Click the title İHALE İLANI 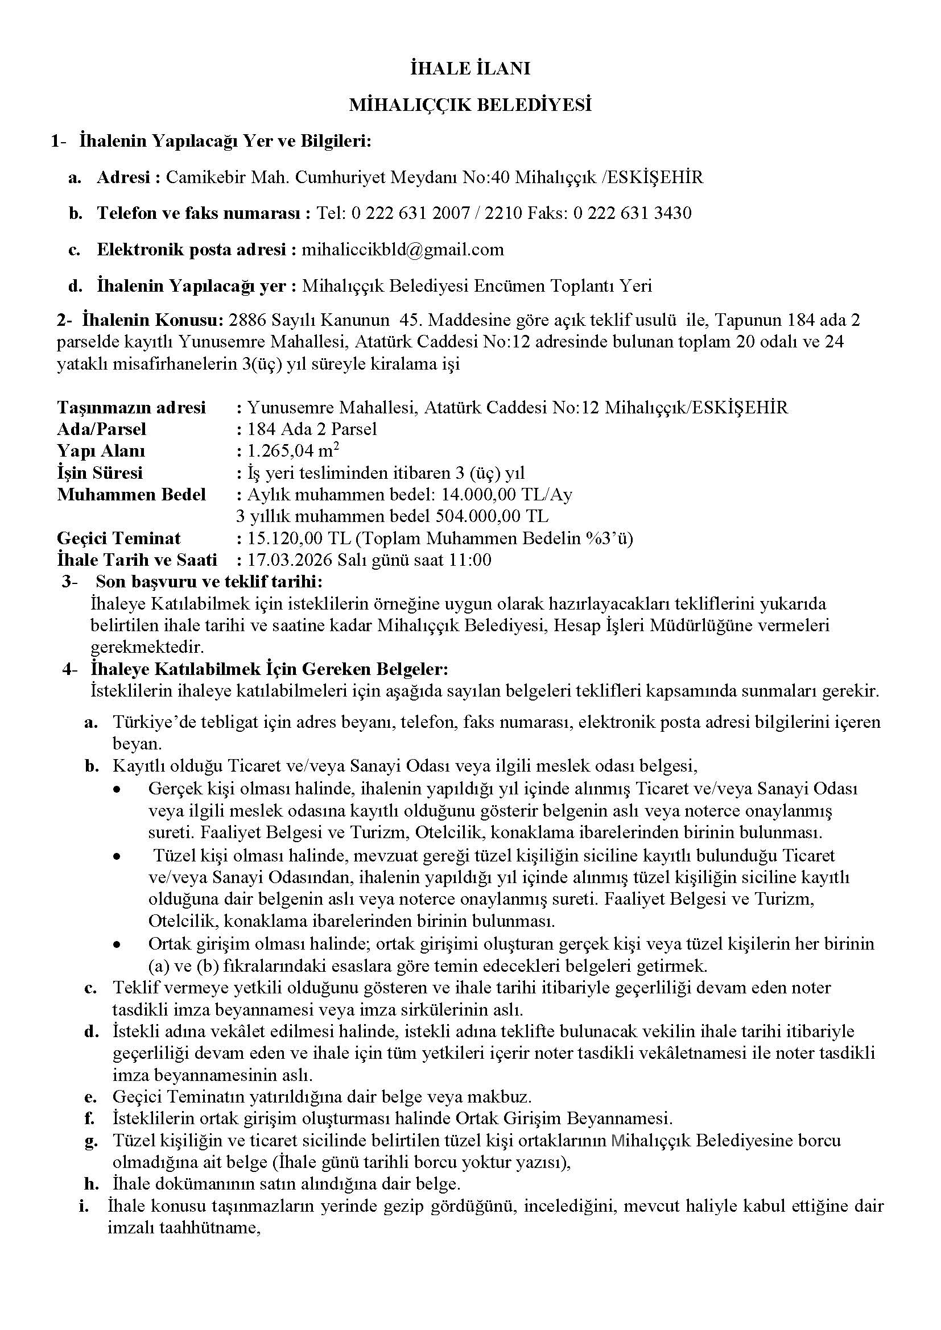pyautogui.click(x=470, y=69)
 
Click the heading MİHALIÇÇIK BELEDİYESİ pyautogui.click(x=470, y=105)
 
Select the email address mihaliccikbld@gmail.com pyautogui.click(x=403, y=250)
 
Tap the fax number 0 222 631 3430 pyautogui.click(x=632, y=213)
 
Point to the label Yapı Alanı pyautogui.click(x=101, y=451)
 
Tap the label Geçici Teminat pyautogui.click(x=119, y=538)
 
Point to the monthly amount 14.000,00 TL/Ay pyautogui.click(x=506, y=494)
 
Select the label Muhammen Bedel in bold pyautogui.click(x=131, y=494)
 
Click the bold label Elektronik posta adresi pyautogui.click(x=191, y=250)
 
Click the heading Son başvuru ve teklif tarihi pyautogui.click(x=209, y=581)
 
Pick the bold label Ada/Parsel pyautogui.click(x=101, y=429)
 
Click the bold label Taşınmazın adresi pyautogui.click(x=131, y=407)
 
